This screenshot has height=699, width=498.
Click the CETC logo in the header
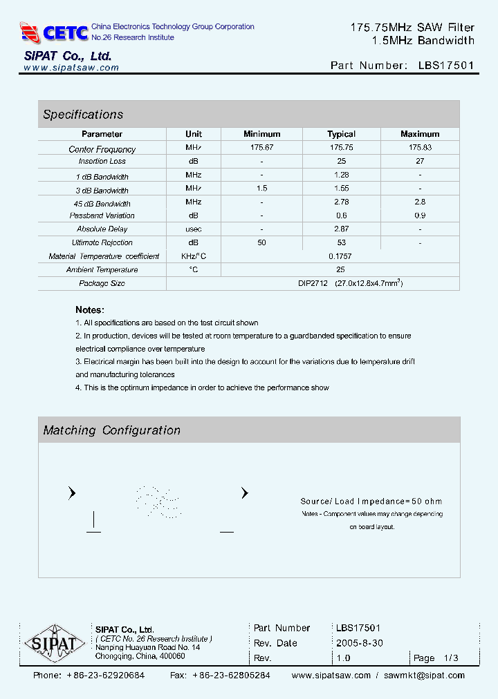54,32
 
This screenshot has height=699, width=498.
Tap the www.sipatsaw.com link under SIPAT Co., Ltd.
71,68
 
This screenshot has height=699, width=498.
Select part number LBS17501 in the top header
446,66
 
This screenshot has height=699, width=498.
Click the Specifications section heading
83,115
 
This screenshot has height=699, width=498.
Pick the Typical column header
341,134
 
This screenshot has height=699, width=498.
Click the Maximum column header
420,134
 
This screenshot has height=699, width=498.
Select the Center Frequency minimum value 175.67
262,148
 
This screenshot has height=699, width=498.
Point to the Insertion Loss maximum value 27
420,161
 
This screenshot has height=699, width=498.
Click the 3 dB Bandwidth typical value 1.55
341,189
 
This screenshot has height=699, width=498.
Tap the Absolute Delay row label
102,229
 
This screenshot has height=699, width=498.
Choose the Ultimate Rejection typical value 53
341,242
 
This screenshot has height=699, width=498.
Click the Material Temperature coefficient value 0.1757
341,256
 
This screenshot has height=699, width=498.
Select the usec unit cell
194,229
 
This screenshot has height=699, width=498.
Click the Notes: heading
90,310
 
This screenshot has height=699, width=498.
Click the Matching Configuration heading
112,430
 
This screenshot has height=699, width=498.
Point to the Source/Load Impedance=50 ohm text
371,501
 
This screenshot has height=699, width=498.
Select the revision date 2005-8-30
360,643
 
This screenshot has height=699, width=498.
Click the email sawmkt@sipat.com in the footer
424,676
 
